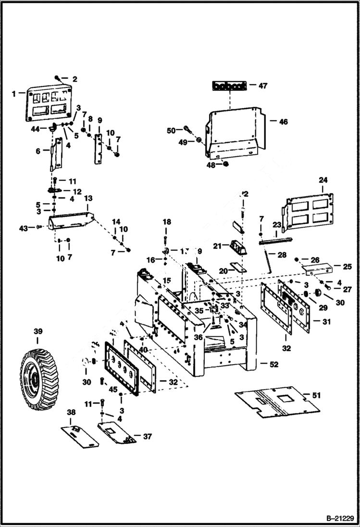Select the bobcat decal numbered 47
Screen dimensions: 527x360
coord(230,86)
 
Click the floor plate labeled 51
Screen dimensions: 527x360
coord(277,401)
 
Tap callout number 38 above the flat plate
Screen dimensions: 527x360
coord(71,412)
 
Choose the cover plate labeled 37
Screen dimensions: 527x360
coord(116,433)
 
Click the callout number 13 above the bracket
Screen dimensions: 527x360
coord(88,198)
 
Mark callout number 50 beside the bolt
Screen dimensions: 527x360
coord(172,131)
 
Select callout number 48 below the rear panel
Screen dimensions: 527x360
coord(211,165)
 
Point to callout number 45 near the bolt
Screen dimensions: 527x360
coord(113,389)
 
